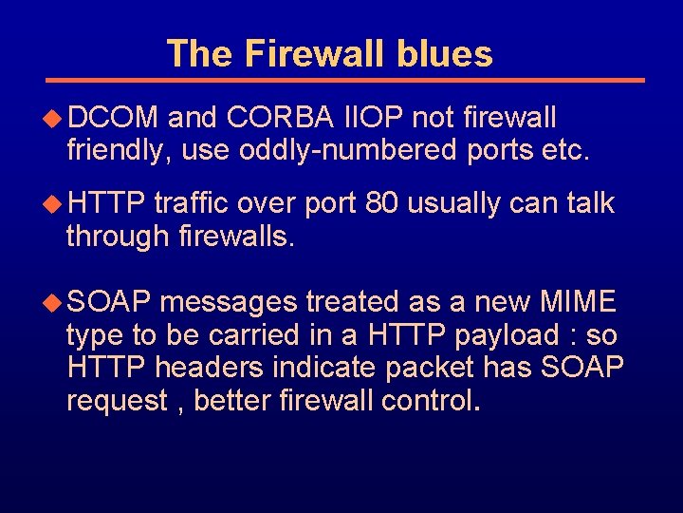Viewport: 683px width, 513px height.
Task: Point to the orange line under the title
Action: pyautogui.click(x=346, y=80)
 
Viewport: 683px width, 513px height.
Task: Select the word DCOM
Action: pyautogui.click(x=113, y=118)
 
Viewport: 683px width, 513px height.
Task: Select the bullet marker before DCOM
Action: pyautogui.click(x=55, y=119)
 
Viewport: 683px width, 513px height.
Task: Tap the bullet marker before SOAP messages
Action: pyautogui.click(x=55, y=303)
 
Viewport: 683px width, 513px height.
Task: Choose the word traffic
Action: pyautogui.click(x=191, y=203)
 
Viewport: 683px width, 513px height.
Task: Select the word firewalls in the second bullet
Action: pyautogui.click(x=237, y=236)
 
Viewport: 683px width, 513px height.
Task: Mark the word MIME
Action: pyautogui.click(x=578, y=302)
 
